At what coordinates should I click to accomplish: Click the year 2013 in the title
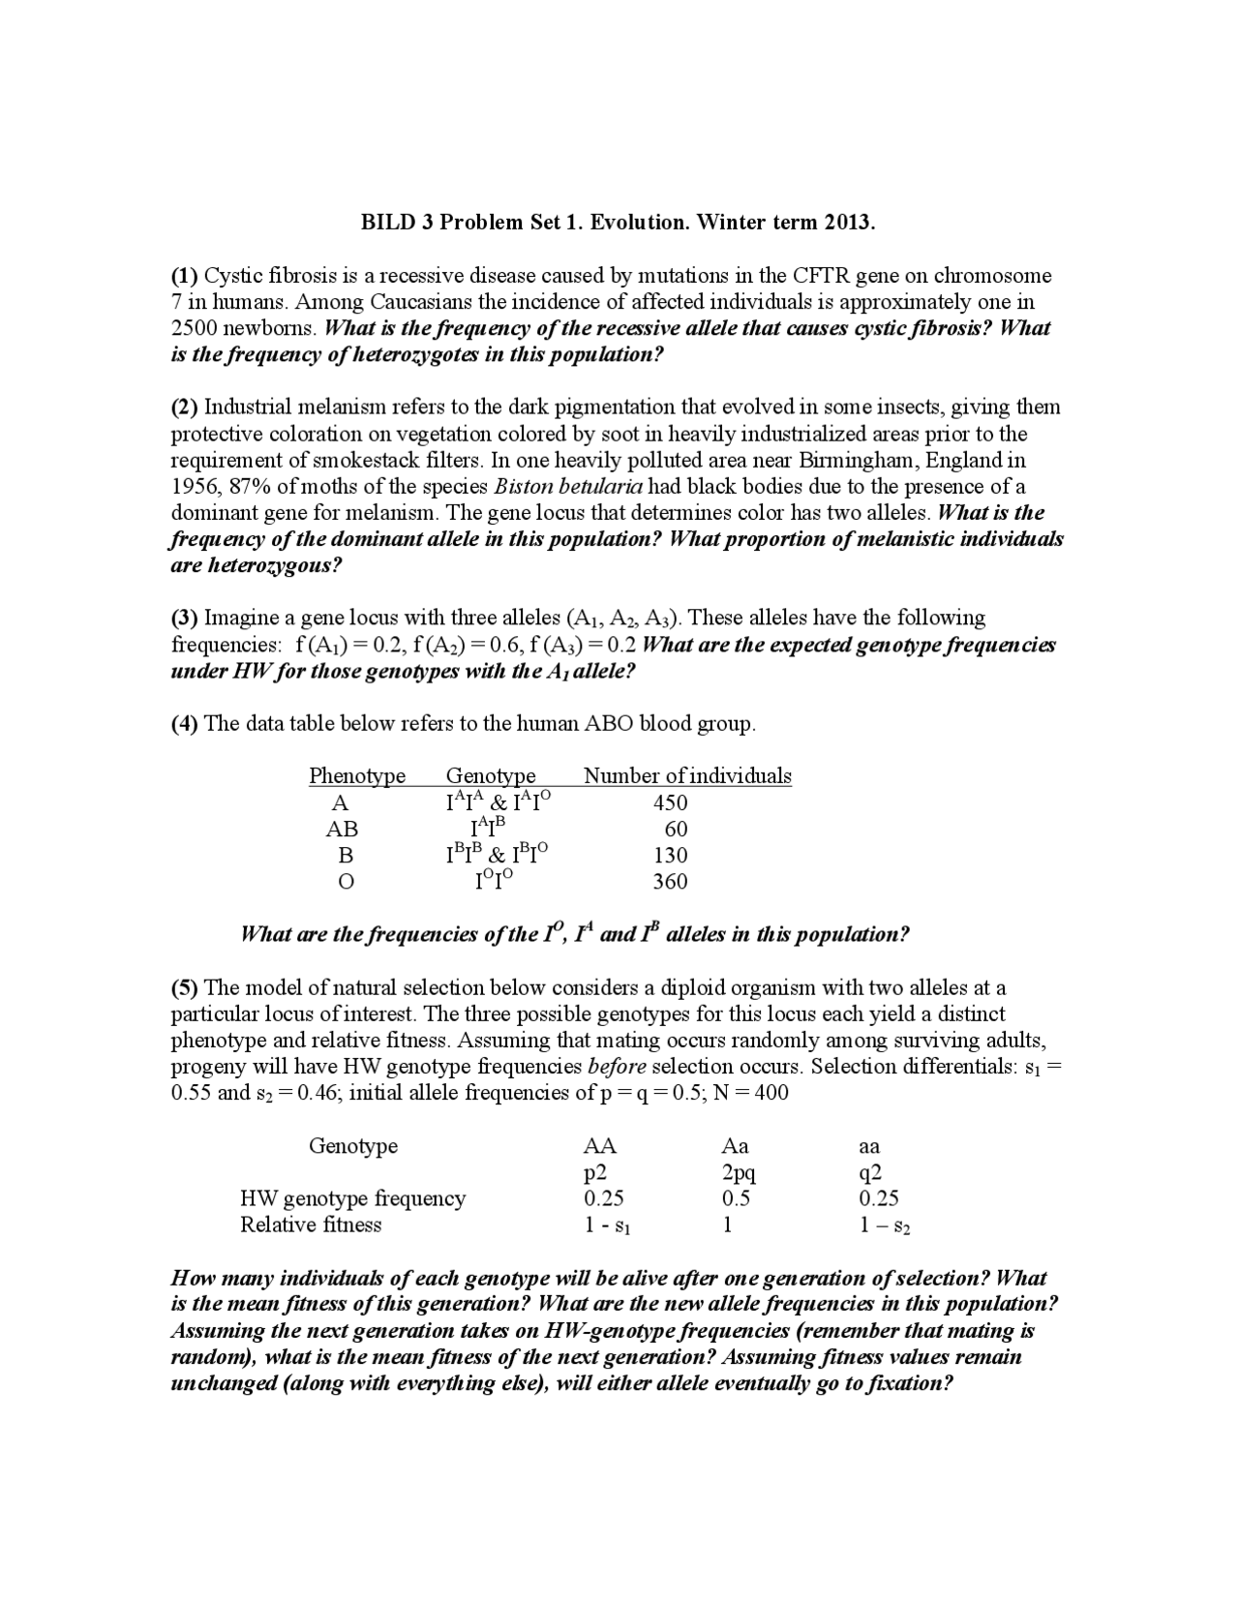point(848,223)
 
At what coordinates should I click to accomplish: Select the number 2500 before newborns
point(196,328)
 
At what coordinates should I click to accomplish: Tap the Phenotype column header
point(357,775)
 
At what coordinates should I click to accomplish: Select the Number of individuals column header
point(687,775)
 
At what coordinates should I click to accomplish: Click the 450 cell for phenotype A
point(670,802)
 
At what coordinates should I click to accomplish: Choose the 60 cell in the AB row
point(676,829)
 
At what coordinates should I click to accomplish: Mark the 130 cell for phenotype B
point(670,855)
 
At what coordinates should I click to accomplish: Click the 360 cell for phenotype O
point(670,881)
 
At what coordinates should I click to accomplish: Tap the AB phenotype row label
point(342,829)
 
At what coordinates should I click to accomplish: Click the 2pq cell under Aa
point(738,1173)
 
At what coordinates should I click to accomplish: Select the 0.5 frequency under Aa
point(736,1199)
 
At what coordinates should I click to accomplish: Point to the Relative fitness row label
point(311,1225)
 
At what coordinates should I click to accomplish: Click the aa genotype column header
point(869,1147)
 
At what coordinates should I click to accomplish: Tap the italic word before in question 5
point(617,1067)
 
